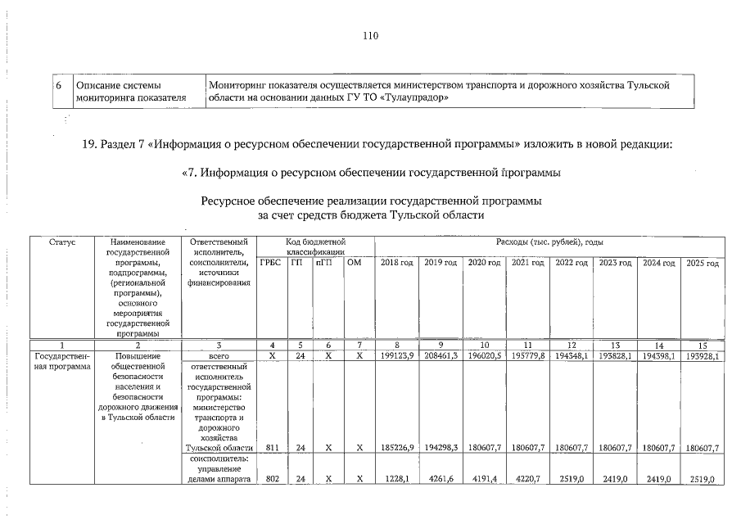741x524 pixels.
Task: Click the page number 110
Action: point(370,35)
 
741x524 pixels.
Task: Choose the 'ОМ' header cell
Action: point(354,263)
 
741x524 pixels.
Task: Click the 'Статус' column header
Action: point(62,242)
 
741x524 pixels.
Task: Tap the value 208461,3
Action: point(441,356)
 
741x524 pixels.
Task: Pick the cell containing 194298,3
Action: point(441,448)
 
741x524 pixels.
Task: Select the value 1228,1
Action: point(399,479)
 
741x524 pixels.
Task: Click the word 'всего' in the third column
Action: point(218,356)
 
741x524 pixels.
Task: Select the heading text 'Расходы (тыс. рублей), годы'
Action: point(549,242)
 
